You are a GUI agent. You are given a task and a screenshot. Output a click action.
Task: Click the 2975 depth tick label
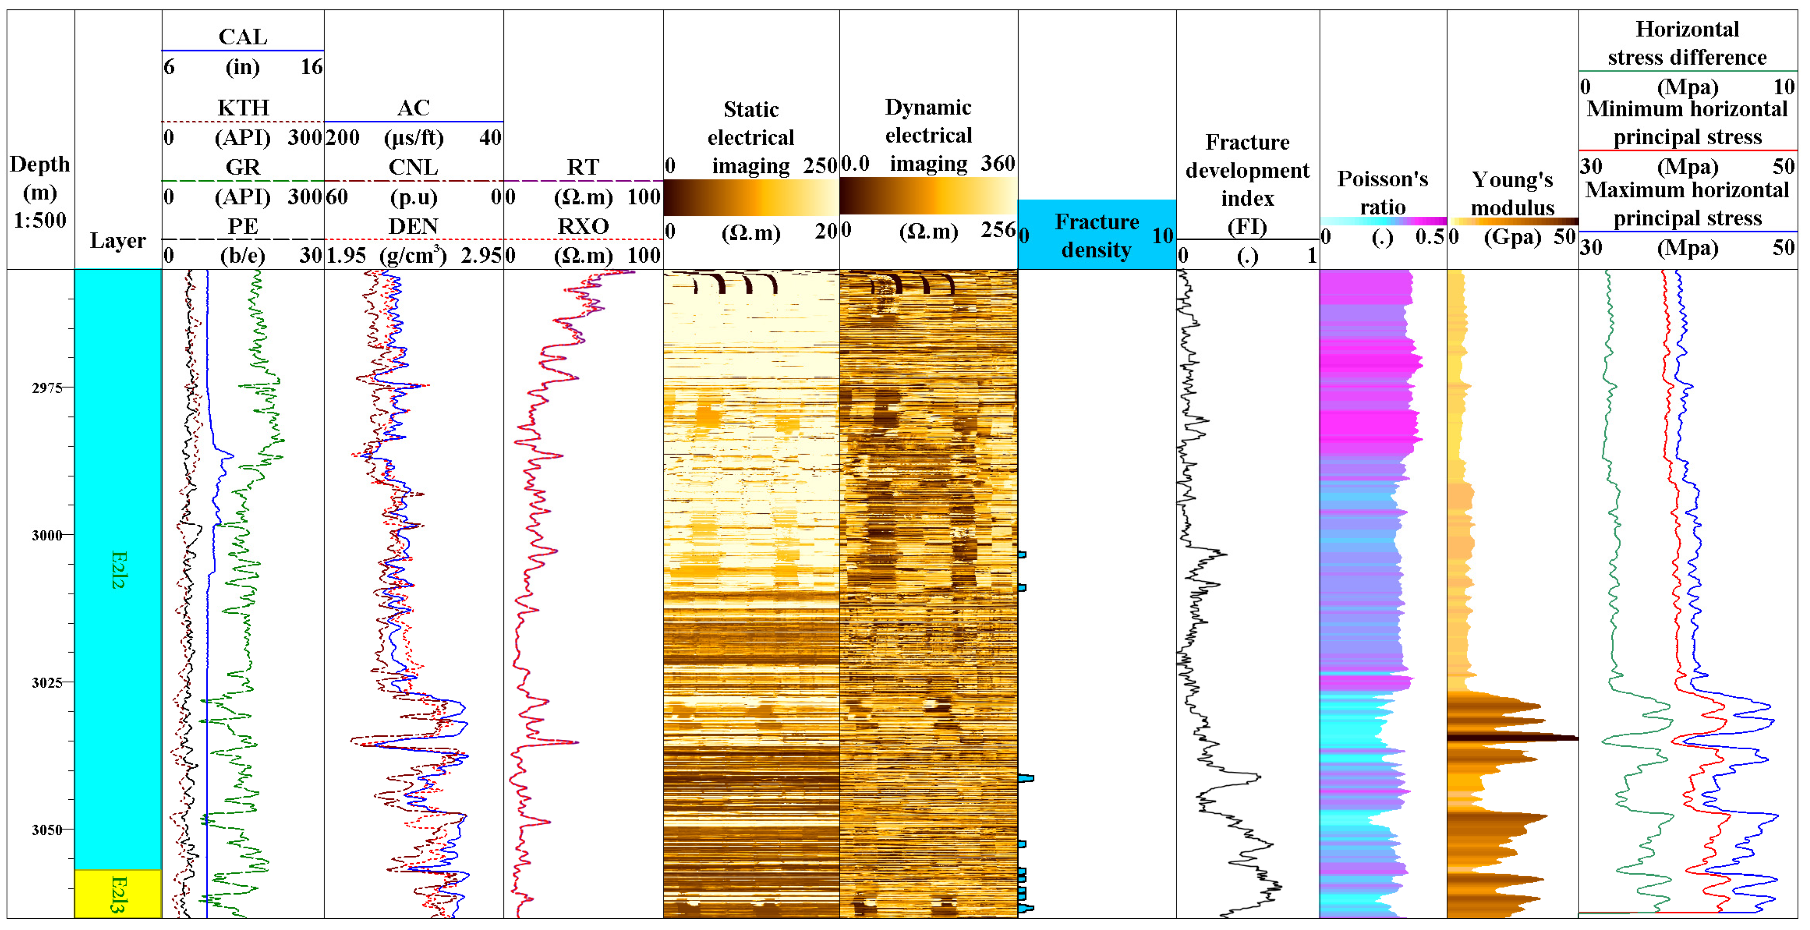pos(46,388)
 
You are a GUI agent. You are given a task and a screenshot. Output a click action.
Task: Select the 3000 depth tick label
pos(46,535)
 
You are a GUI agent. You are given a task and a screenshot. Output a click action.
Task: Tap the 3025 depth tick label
pos(46,683)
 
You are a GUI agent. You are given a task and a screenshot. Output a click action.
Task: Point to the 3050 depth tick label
pos(46,830)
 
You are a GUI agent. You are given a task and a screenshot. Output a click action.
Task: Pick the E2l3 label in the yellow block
pos(118,894)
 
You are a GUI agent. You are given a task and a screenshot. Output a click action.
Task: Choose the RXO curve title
pos(583,226)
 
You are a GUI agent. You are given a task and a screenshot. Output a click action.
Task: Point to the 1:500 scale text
pos(40,220)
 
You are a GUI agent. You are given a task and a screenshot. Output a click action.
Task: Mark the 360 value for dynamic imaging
pos(997,164)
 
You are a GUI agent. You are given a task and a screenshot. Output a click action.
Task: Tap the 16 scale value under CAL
pos(311,67)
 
